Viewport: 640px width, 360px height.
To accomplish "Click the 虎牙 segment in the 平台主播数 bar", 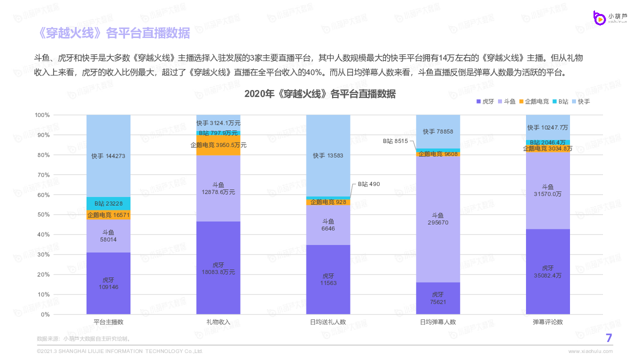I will (x=108, y=283).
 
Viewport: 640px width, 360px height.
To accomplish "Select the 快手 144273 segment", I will (x=108, y=155).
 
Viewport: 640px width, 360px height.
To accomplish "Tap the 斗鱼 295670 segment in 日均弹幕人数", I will (x=438, y=219).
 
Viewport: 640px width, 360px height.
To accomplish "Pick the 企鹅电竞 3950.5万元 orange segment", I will (x=218, y=145).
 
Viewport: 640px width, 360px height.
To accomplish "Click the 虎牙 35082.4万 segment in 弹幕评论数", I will (x=548, y=271).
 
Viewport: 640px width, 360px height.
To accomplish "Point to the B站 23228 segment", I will (x=108, y=203).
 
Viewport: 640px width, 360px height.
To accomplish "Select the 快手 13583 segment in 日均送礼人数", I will (x=328, y=155).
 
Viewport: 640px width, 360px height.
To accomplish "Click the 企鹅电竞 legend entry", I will (x=536, y=101).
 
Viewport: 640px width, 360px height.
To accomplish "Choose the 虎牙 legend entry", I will (x=485, y=101).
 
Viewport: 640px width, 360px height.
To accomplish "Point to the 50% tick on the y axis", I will (x=42, y=215).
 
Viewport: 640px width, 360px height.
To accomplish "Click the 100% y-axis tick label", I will (x=41, y=115).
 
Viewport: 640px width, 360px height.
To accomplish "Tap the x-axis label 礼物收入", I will (x=218, y=322).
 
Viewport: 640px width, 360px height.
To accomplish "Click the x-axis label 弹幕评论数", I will (x=548, y=322).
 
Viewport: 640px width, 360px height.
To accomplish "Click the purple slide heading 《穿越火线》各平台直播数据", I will (x=114, y=33).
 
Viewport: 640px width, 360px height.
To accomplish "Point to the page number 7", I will (x=608, y=338).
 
